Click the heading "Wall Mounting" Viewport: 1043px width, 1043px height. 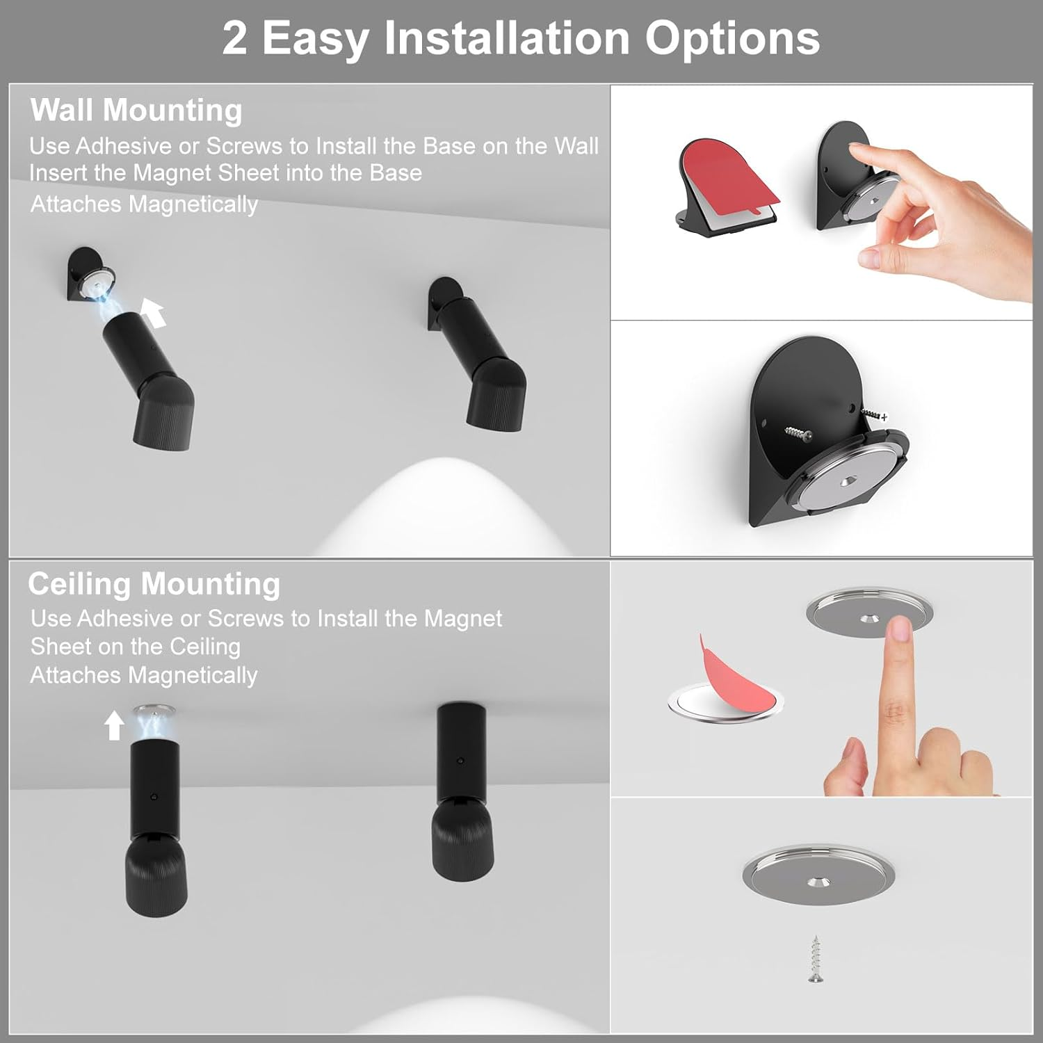[x=136, y=111]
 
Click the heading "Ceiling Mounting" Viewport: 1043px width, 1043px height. [x=154, y=584]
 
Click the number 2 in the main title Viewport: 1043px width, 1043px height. [x=235, y=38]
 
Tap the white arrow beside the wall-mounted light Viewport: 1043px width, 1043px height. [x=154, y=313]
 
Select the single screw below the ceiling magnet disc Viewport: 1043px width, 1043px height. [x=816, y=959]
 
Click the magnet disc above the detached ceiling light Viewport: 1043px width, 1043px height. [x=153, y=710]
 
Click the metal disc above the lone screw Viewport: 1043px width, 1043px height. [x=818, y=875]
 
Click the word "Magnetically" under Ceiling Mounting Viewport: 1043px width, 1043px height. [x=193, y=675]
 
